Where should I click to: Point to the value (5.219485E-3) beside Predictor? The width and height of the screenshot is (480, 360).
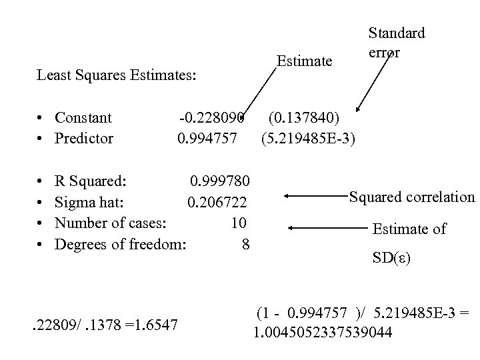click(309, 139)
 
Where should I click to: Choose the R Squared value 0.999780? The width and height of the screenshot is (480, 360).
click(221, 181)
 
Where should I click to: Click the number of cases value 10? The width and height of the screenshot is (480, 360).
click(239, 223)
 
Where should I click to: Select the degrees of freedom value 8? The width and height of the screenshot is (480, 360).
click(246, 244)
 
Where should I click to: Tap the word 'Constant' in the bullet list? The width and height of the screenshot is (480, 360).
click(83, 119)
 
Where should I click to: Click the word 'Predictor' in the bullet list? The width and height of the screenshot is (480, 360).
click(84, 139)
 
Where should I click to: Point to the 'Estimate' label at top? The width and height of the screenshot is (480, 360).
click(304, 62)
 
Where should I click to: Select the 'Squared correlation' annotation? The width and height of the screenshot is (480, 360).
click(412, 197)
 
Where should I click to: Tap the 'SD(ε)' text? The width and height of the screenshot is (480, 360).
click(392, 257)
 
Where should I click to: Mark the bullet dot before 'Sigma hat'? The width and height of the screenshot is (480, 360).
click(41, 202)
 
